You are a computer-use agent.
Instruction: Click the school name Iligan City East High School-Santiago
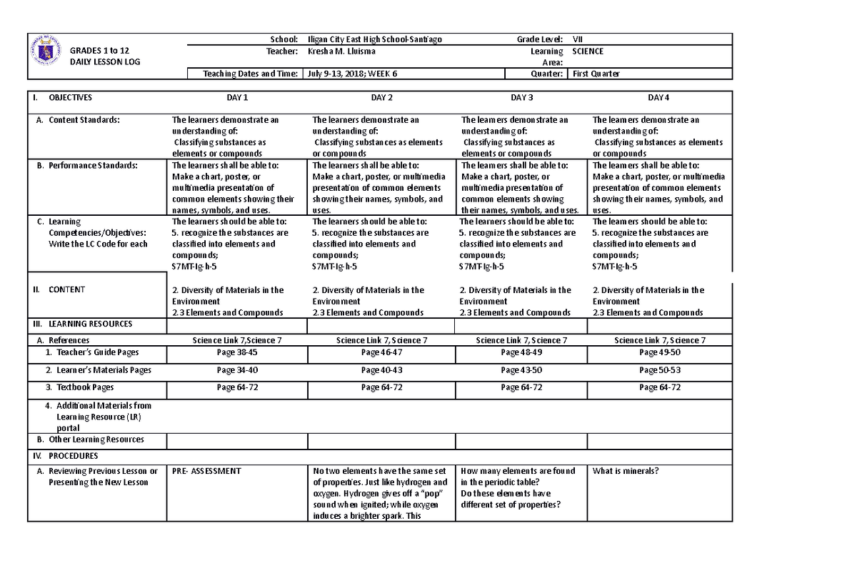[x=374, y=39]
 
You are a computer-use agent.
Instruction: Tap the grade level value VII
[x=578, y=39]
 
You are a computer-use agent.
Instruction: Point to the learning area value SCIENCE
[x=588, y=51]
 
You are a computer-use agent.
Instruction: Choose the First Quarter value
[x=594, y=74]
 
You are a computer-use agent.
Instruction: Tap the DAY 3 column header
[x=521, y=98]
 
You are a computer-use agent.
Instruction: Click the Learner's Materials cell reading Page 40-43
[x=381, y=370]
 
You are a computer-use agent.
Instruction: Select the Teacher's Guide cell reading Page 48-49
[x=521, y=352]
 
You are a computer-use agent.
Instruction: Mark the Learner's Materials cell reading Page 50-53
[x=659, y=370]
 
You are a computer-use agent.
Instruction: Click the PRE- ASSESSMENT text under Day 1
[x=206, y=471]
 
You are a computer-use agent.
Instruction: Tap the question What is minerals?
[x=626, y=471]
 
